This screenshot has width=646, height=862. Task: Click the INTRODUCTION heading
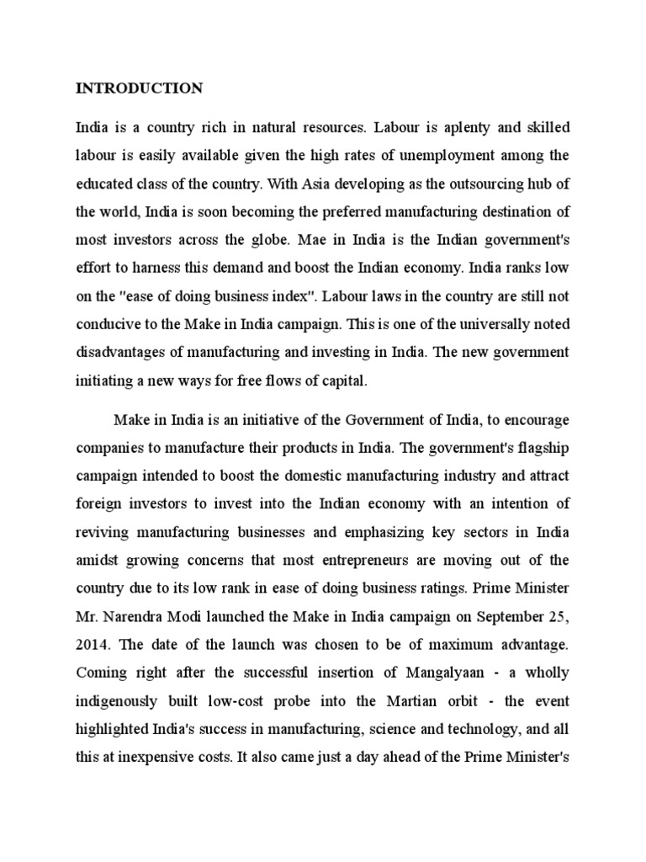point(139,88)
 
